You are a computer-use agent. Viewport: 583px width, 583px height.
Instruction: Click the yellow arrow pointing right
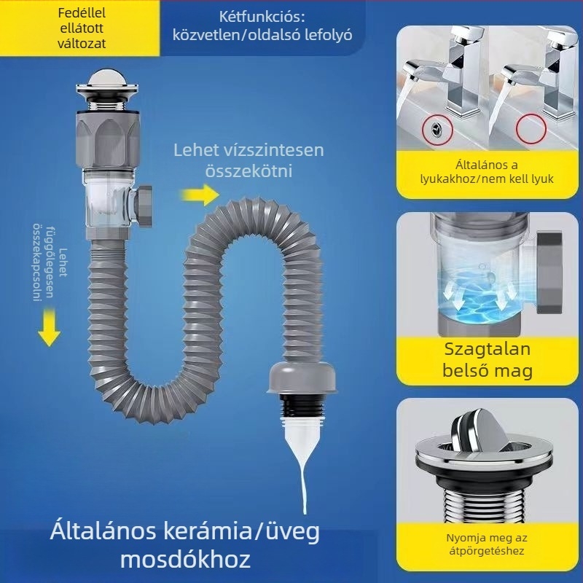point(200,195)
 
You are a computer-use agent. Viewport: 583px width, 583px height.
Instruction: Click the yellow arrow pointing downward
point(49,327)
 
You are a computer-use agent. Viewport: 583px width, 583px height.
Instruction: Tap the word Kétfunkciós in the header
point(262,17)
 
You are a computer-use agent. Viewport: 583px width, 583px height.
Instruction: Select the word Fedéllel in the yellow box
point(82,13)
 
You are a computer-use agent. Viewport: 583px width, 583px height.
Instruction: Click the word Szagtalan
point(487,350)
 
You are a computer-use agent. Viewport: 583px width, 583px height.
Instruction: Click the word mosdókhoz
point(185,559)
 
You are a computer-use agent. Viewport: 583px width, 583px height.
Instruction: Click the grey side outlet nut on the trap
point(143,206)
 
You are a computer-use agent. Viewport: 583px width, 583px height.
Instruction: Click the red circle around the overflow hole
point(437,130)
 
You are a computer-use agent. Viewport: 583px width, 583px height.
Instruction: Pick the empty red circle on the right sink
point(531,130)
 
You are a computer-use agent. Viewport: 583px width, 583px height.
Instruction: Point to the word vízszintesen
point(274,150)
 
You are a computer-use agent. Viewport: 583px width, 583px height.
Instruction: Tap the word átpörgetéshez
point(487,551)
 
